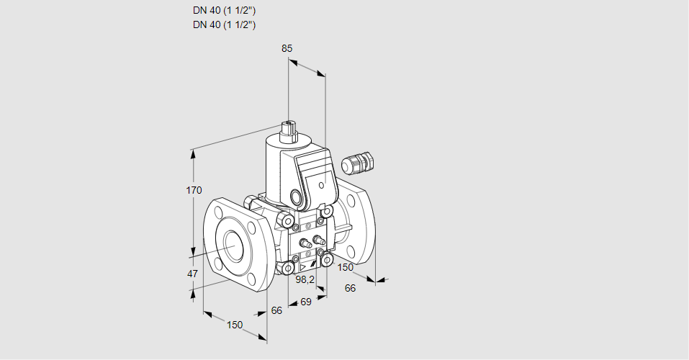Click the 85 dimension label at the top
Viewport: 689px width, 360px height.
coord(287,49)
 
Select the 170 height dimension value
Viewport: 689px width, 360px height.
coord(194,190)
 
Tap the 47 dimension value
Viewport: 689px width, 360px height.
coord(192,274)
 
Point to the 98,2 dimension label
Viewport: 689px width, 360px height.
coord(306,279)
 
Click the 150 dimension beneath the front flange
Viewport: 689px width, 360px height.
coord(235,325)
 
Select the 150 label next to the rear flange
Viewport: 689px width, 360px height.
coord(346,267)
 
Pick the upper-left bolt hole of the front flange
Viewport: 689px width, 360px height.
coord(217,212)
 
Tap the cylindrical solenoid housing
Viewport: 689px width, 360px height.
coord(277,169)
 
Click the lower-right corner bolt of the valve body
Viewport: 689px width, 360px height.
coord(327,258)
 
